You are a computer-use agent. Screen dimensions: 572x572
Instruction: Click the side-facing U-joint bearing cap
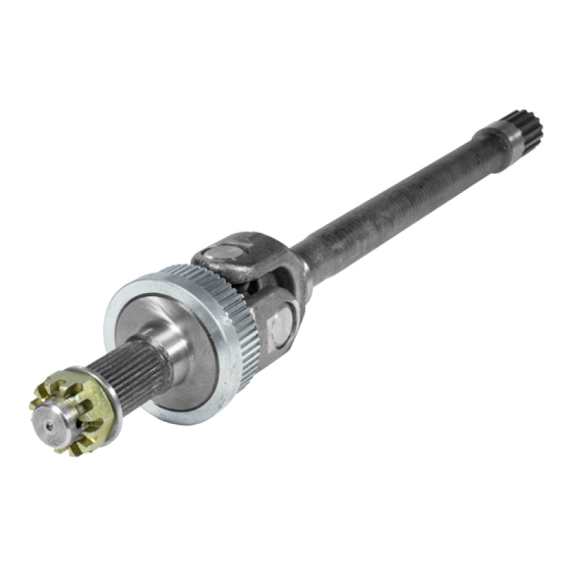pyautogui.click(x=282, y=325)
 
